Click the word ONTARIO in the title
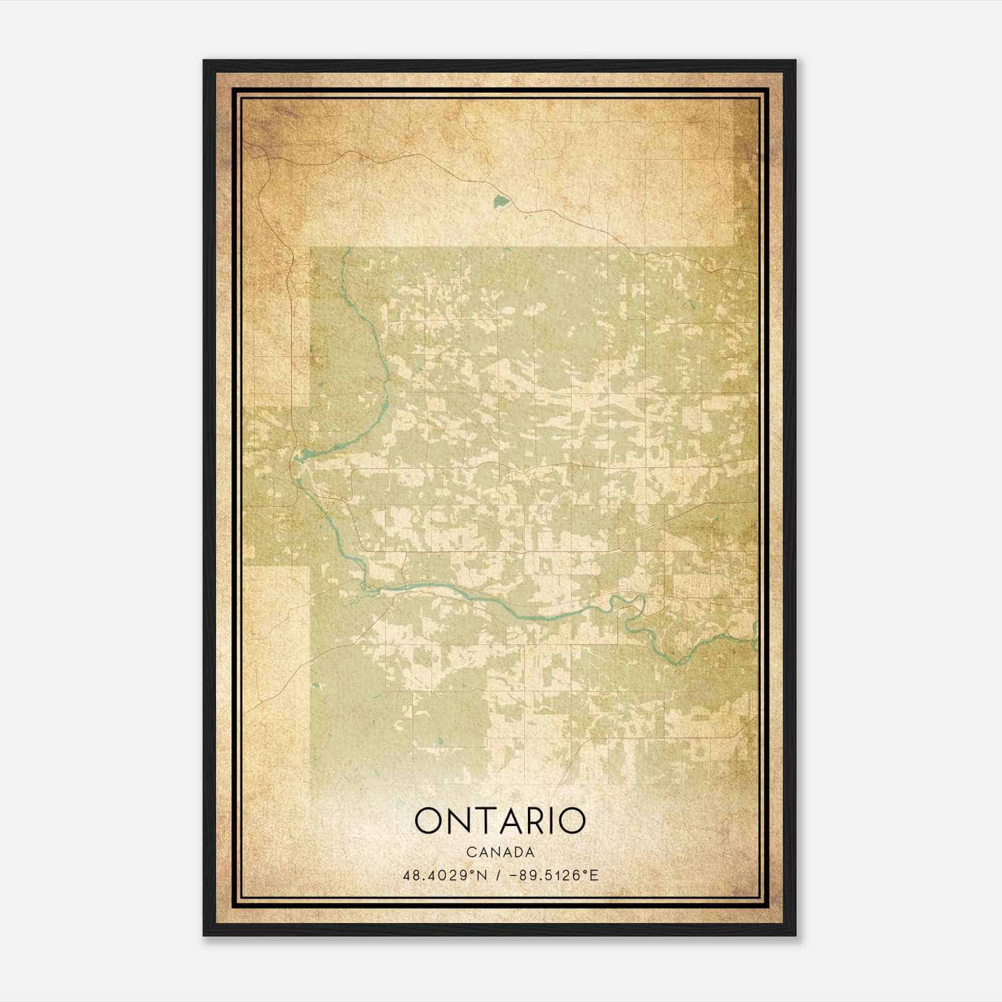pos(500,821)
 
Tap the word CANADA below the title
pos(500,852)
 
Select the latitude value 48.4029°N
pos(445,875)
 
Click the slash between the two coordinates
pos(498,875)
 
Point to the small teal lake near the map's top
pos(500,202)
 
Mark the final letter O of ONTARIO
pos(571,821)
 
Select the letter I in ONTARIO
pos(555,821)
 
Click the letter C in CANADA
pos(470,852)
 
